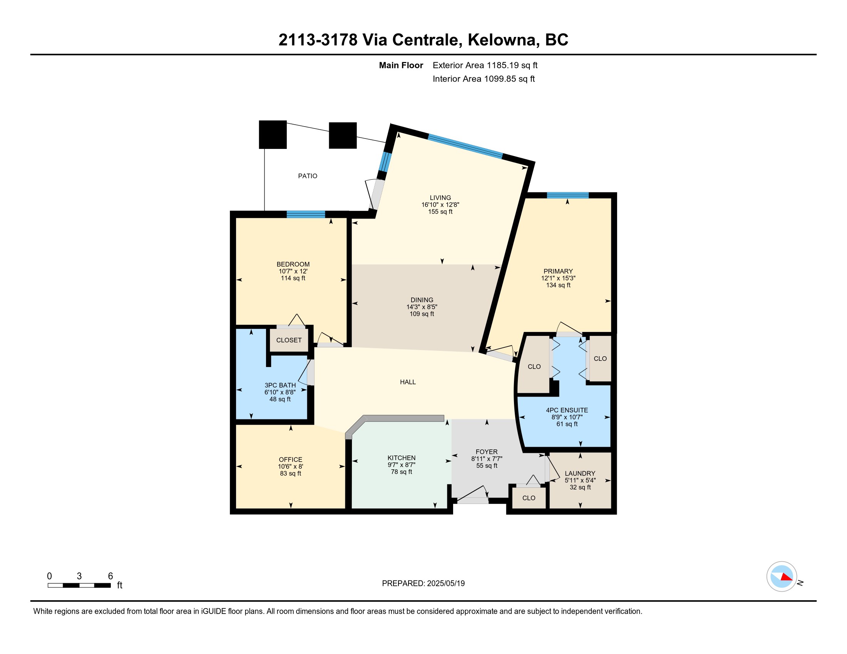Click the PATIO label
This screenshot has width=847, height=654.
tap(308, 176)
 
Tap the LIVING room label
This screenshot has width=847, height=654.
tap(440, 198)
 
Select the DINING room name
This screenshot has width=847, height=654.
tap(422, 300)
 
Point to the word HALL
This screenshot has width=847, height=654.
tap(408, 382)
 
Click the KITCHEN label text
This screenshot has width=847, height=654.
tap(402, 458)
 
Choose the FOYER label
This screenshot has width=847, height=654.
tap(487, 452)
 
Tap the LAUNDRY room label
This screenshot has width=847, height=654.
tap(580, 474)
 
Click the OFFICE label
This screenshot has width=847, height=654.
tap(290, 459)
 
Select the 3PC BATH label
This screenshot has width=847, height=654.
tap(280, 385)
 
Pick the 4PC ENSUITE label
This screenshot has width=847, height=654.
tap(567, 410)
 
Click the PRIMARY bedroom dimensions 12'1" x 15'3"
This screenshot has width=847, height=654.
tap(558, 278)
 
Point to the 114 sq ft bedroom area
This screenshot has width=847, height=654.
tap(293, 278)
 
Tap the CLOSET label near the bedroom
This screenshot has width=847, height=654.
tap(289, 340)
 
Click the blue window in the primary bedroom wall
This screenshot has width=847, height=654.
tap(568, 195)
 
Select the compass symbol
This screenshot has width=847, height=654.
tap(782, 577)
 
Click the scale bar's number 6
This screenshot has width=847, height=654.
tap(110, 576)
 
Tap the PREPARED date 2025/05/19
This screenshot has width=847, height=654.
tap(446, 584)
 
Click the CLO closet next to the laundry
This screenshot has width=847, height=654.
tap(529, 498)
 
